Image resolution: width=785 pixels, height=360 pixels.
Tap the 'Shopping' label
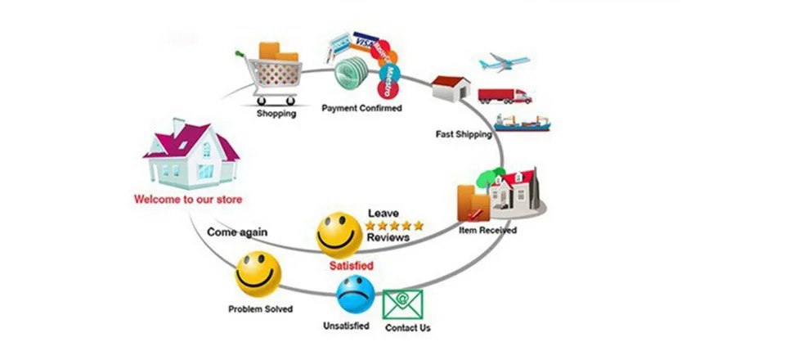pyautogui.click(x=276, y=114)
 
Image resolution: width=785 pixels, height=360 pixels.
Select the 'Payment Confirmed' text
pyautogui.click(x=361, y=107)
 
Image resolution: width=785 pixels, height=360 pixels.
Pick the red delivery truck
pyautogui.click(x=505, y=95)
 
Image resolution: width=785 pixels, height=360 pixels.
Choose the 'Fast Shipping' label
pyautogui.click(x=464, y=133)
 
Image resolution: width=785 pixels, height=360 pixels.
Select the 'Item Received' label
pyautogui.click(x=487, y=230)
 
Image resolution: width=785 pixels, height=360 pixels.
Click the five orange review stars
pyautogui.click(x=395, y=225)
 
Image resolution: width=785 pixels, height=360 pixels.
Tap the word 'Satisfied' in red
pyautogui.click(x=352, y=266)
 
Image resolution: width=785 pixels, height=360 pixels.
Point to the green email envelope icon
pyautogui.click(x=402, y=304)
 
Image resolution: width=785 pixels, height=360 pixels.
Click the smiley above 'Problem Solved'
pyautogui.click(x=258, y=273)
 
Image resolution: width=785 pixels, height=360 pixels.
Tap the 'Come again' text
pyautogui.click(x=236, y=232)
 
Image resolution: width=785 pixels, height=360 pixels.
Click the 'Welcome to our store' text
pyautogui.click(x=188, y=199)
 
